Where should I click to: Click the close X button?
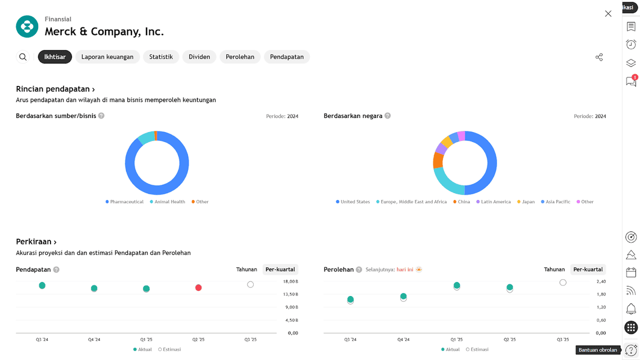(x=608, y=13)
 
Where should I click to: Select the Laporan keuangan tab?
(x=107, y=57)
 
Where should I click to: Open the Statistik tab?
(x=161, y=57)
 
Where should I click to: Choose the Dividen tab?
(x=199, y=57)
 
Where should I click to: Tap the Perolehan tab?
(x=240, y=57)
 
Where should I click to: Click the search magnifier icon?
(x=23, y=57)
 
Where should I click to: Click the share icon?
(x=599, y=57)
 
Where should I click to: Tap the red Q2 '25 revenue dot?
(x=199, y=288)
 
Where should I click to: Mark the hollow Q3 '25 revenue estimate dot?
(x=250, y=285)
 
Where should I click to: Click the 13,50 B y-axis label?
(x=291, y=294)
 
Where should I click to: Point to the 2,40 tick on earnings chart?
(x=601, y=281)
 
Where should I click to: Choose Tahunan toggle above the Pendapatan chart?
(x=246, y=270)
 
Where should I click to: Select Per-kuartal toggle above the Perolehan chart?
(x=588, y=270)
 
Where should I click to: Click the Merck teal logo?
(x=27, y=26)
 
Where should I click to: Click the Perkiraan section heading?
(x=36, y=242)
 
